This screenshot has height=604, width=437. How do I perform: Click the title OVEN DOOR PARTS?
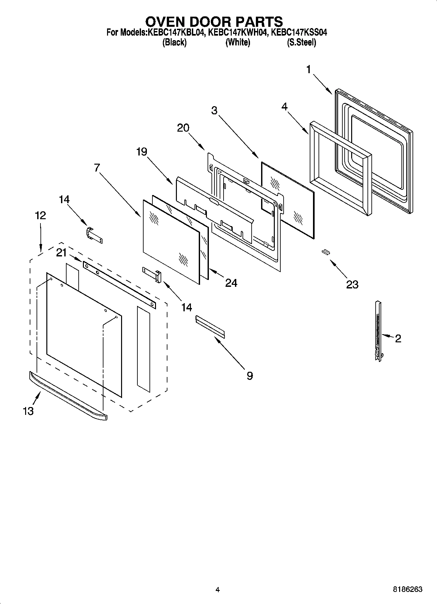coord(214,22)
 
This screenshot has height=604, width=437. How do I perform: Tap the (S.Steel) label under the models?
coord(301,42)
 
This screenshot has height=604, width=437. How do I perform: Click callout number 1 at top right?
coord(308,70)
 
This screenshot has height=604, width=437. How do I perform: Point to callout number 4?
coord(285,107)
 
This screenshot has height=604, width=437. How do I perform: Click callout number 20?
coord(183,128)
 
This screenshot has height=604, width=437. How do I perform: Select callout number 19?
coord(142,152)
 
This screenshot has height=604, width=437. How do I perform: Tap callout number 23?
coord(352,285)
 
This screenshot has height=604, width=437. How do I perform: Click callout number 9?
coord(249,376)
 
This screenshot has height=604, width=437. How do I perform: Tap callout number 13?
coord(28,411)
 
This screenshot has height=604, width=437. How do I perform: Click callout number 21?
coord(61,253)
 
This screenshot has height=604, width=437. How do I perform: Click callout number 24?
coord(231,283)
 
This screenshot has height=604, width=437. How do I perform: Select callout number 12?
coord(40,216)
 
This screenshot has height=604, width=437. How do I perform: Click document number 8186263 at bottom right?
coord(407,589)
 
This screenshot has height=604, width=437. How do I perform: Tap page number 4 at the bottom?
coord(217,590)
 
